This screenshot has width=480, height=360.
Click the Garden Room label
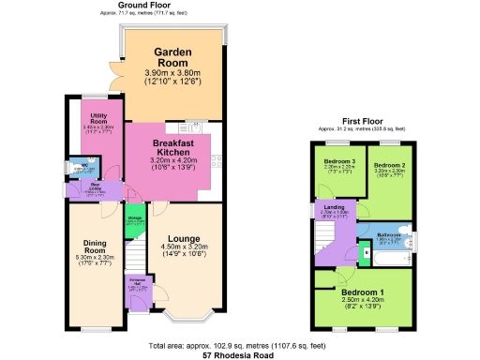point(172,58)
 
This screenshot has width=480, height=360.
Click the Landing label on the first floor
point(333,207)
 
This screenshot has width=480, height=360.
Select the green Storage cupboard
point(135,221)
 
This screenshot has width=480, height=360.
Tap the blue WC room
point(79,169)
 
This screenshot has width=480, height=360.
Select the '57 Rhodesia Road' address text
point(240,356)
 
